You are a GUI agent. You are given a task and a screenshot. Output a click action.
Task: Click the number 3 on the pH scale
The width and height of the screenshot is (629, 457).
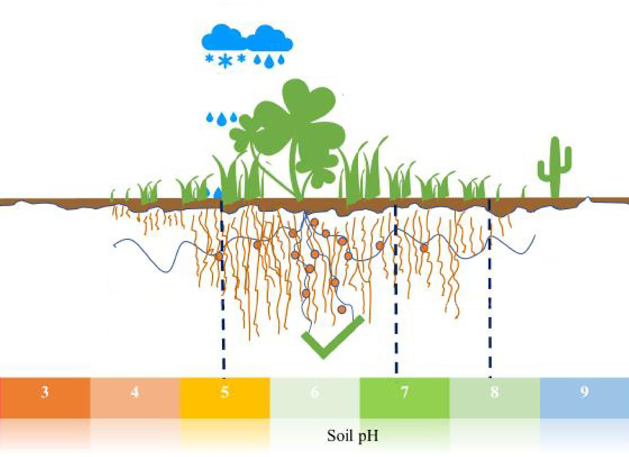click(45, 392)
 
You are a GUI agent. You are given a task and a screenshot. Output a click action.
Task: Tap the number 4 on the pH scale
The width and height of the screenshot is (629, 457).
click(135, 392)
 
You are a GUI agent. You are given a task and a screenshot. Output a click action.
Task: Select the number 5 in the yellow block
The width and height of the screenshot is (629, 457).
click(225, 392)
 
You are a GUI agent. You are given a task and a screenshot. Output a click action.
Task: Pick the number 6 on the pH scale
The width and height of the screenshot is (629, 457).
click(314, 392)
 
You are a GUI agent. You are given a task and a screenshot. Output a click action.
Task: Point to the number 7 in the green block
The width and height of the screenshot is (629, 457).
click(404, 392)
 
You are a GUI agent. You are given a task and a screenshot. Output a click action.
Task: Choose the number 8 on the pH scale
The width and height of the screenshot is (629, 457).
click(494, 392)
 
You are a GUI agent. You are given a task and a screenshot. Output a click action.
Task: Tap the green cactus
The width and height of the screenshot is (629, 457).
click(554, 167)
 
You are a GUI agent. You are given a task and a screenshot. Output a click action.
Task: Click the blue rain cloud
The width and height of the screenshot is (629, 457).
click(247, 38)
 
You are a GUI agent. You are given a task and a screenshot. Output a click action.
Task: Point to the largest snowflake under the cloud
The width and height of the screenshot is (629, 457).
click(225, 61)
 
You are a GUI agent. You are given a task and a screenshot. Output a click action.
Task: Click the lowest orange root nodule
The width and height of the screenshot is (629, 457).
click(341, 309)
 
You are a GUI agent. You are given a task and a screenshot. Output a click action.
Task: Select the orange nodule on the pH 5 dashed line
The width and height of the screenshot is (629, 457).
click(219, 256)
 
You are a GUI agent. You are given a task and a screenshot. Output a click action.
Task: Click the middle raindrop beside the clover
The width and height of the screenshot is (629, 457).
click(221, 119)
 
